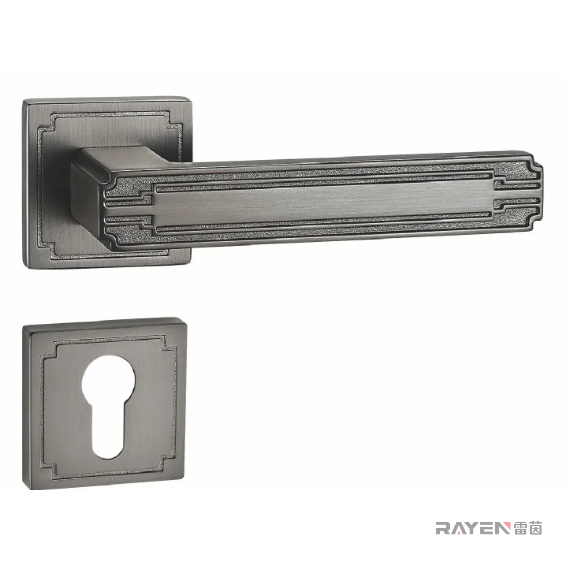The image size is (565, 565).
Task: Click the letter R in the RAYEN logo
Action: point(443,528)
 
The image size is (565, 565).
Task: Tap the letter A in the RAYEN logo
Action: point(458,528)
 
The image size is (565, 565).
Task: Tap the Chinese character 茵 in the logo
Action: point(535,528)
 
